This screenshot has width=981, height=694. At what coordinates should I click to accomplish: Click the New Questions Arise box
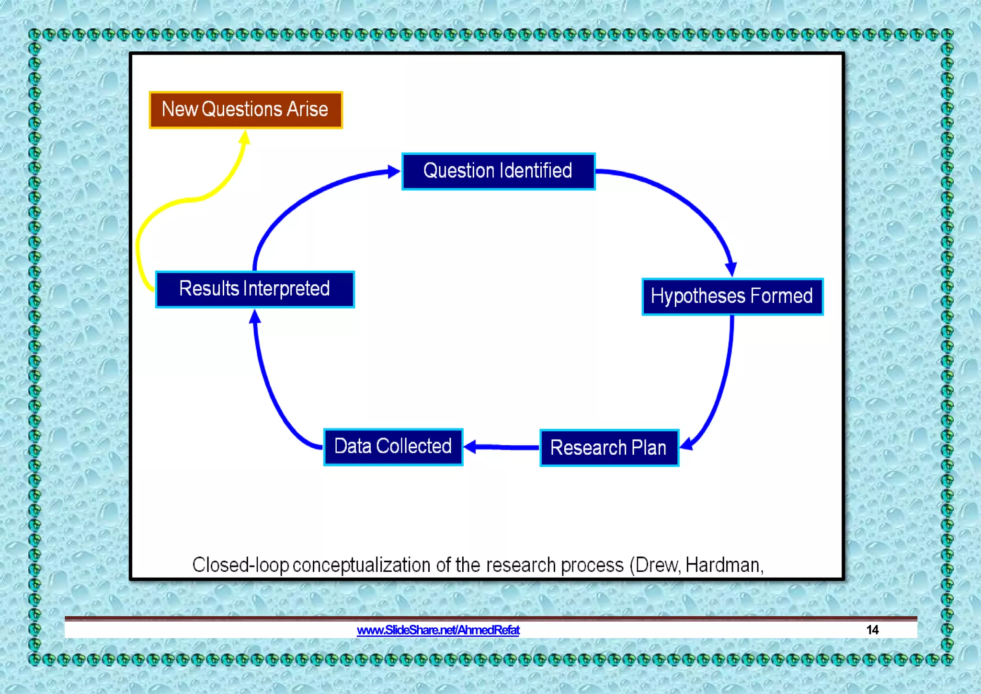(246, 110)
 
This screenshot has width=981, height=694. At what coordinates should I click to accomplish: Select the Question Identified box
(498, 171)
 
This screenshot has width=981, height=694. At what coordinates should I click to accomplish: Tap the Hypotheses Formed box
(732, 296)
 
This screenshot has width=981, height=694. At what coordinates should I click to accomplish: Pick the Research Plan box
(609, 448)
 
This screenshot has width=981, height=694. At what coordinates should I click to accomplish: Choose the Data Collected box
(393, 447)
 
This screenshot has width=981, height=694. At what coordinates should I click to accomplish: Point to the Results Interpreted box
(255, 289)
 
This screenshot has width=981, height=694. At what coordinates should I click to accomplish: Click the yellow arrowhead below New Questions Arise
(245, 138)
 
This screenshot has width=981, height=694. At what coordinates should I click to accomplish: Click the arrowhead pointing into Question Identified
(394, 172)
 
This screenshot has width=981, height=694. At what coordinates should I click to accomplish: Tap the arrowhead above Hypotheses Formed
(731, 269)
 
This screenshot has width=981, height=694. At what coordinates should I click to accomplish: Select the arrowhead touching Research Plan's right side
(686, 444)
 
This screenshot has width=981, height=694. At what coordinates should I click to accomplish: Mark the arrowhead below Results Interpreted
(255, 317)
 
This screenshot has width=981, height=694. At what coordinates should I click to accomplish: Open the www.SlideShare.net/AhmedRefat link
(438, 630)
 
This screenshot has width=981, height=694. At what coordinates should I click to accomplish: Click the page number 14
(872, 630)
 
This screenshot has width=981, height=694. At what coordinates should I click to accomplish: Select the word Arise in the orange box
(307, 109)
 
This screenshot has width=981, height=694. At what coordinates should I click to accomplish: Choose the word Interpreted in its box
(286, 289)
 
